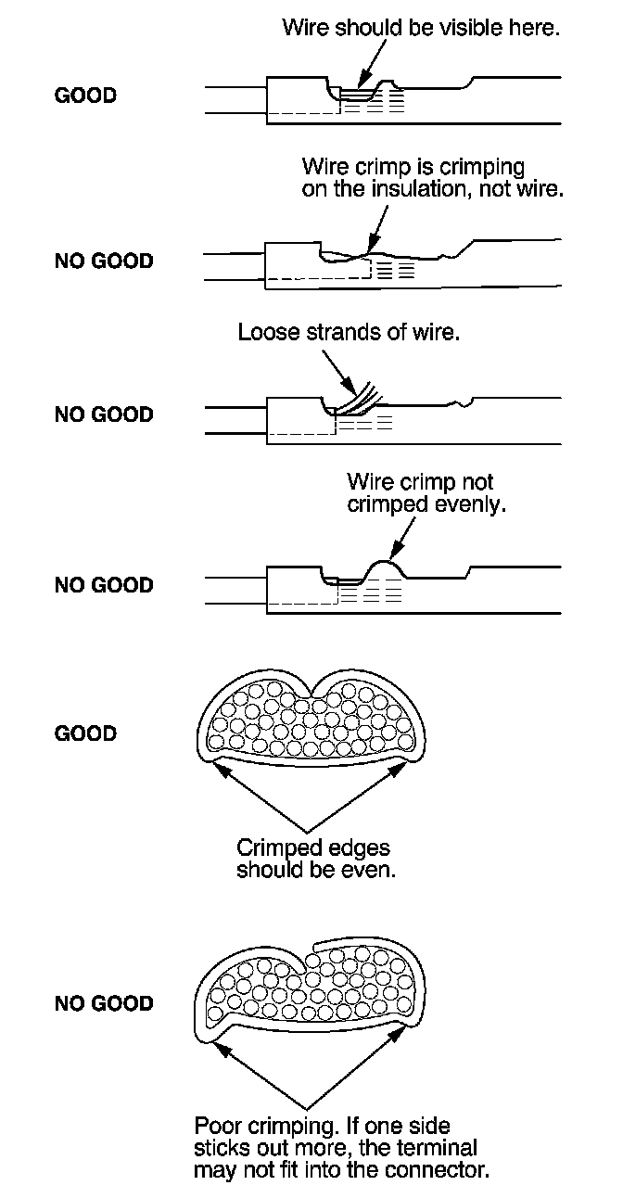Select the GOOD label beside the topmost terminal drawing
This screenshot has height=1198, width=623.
(85, 96)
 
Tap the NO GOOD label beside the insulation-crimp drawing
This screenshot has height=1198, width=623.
(104, 261)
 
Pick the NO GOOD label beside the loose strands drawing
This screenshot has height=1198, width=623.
(104, 414)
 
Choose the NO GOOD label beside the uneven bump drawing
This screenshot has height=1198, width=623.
(104, 585)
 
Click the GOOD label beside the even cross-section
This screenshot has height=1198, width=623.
(85, 734)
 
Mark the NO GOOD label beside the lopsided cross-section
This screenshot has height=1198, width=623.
(104, 1004)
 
